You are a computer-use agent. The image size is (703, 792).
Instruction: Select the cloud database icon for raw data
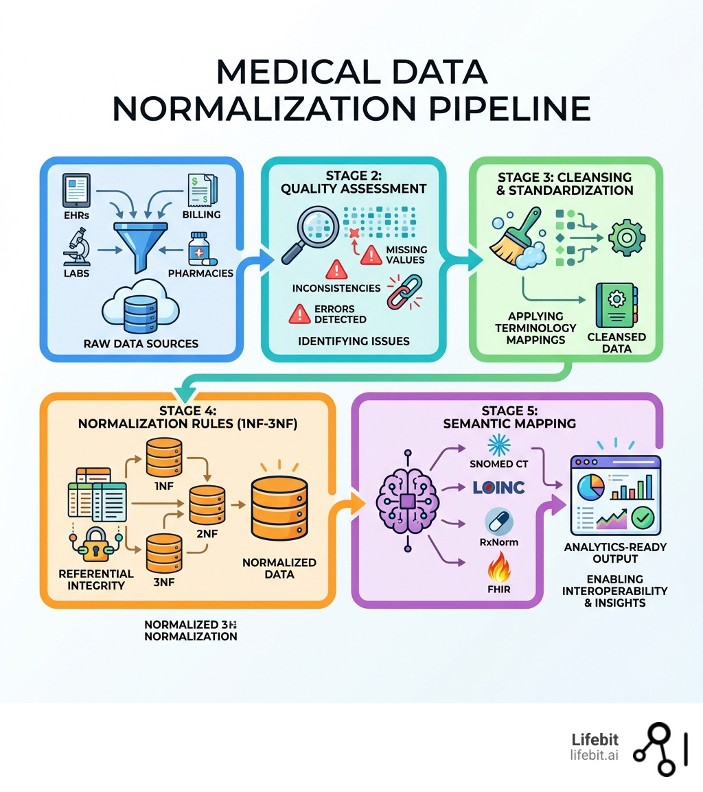tap(140, 310)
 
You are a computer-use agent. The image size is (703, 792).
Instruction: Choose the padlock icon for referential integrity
tap(92, 546)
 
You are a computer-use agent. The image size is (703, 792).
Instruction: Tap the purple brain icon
tap(407, 500)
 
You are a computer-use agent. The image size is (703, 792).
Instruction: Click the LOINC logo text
tap(499, 487)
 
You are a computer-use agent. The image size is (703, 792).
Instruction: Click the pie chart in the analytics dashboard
tap(590, 485)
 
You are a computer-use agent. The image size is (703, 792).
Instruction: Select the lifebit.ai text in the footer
tap(594, 755)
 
